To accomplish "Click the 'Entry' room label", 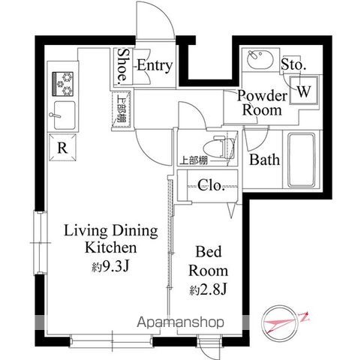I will [x=154, y=66].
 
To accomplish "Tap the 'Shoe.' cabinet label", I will [x=122, y=67].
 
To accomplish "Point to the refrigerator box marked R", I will [x=63, y=148].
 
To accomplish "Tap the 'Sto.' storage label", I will [x=293, y=66].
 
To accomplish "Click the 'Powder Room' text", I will [x=262, y=103].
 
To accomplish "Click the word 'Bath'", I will [x=264, y=160].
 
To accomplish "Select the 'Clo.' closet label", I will [x=211, y=186].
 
